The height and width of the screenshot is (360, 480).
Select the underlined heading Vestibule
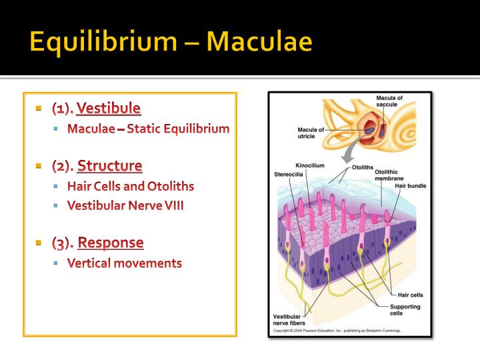[x=109, y=108]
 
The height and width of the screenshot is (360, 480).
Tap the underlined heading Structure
[x=110, y=165]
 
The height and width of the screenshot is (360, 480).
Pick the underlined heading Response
[x=111, y=242]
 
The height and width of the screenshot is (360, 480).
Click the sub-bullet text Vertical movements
[x=125, y=263]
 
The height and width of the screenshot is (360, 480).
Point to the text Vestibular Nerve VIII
[x=125, y=205]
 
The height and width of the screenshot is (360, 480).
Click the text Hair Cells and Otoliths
[x=131, y=186]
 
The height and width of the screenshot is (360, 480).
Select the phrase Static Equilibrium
[x=178, y=129]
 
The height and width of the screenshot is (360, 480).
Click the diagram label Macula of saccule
[x=389, y=101]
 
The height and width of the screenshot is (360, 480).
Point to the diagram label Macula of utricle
[x=311, y=131]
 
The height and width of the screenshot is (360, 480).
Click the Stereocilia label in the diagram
[x=288, y=175]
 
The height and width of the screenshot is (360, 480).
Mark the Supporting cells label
[x=405, y=309]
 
